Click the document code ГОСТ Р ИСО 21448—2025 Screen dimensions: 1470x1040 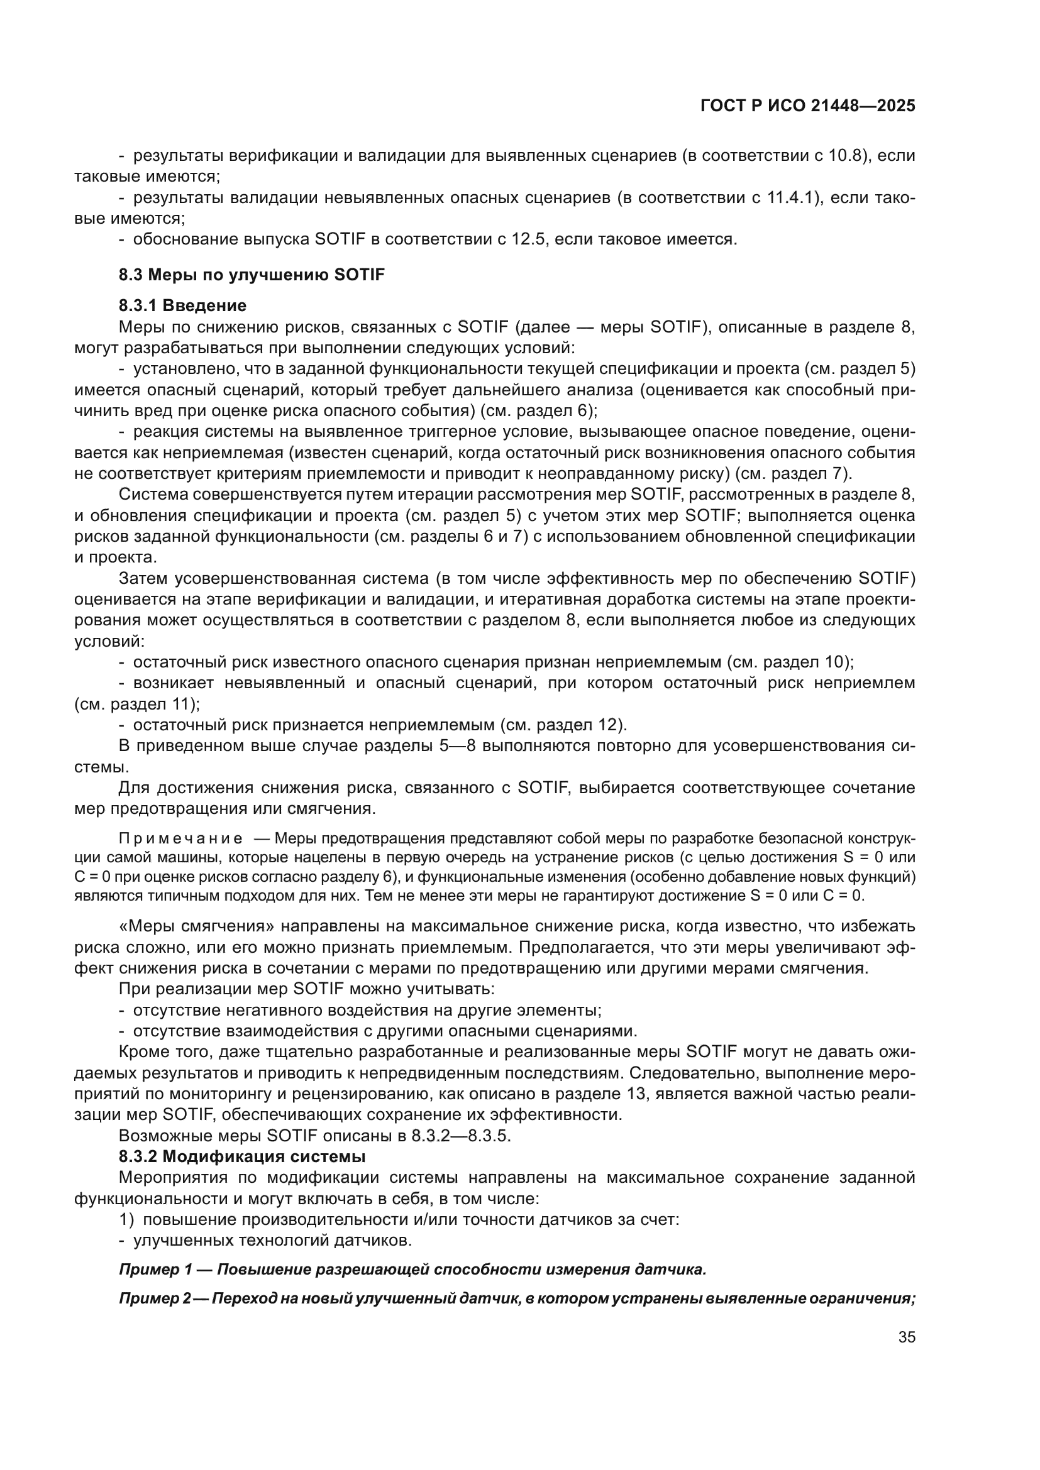(807, 106)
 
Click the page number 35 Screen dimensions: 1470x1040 (906, 1337)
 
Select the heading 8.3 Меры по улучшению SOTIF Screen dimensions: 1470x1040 (252, 275)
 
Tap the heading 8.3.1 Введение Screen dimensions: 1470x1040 (182, 305)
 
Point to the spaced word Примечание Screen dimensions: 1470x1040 (180, 839)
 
